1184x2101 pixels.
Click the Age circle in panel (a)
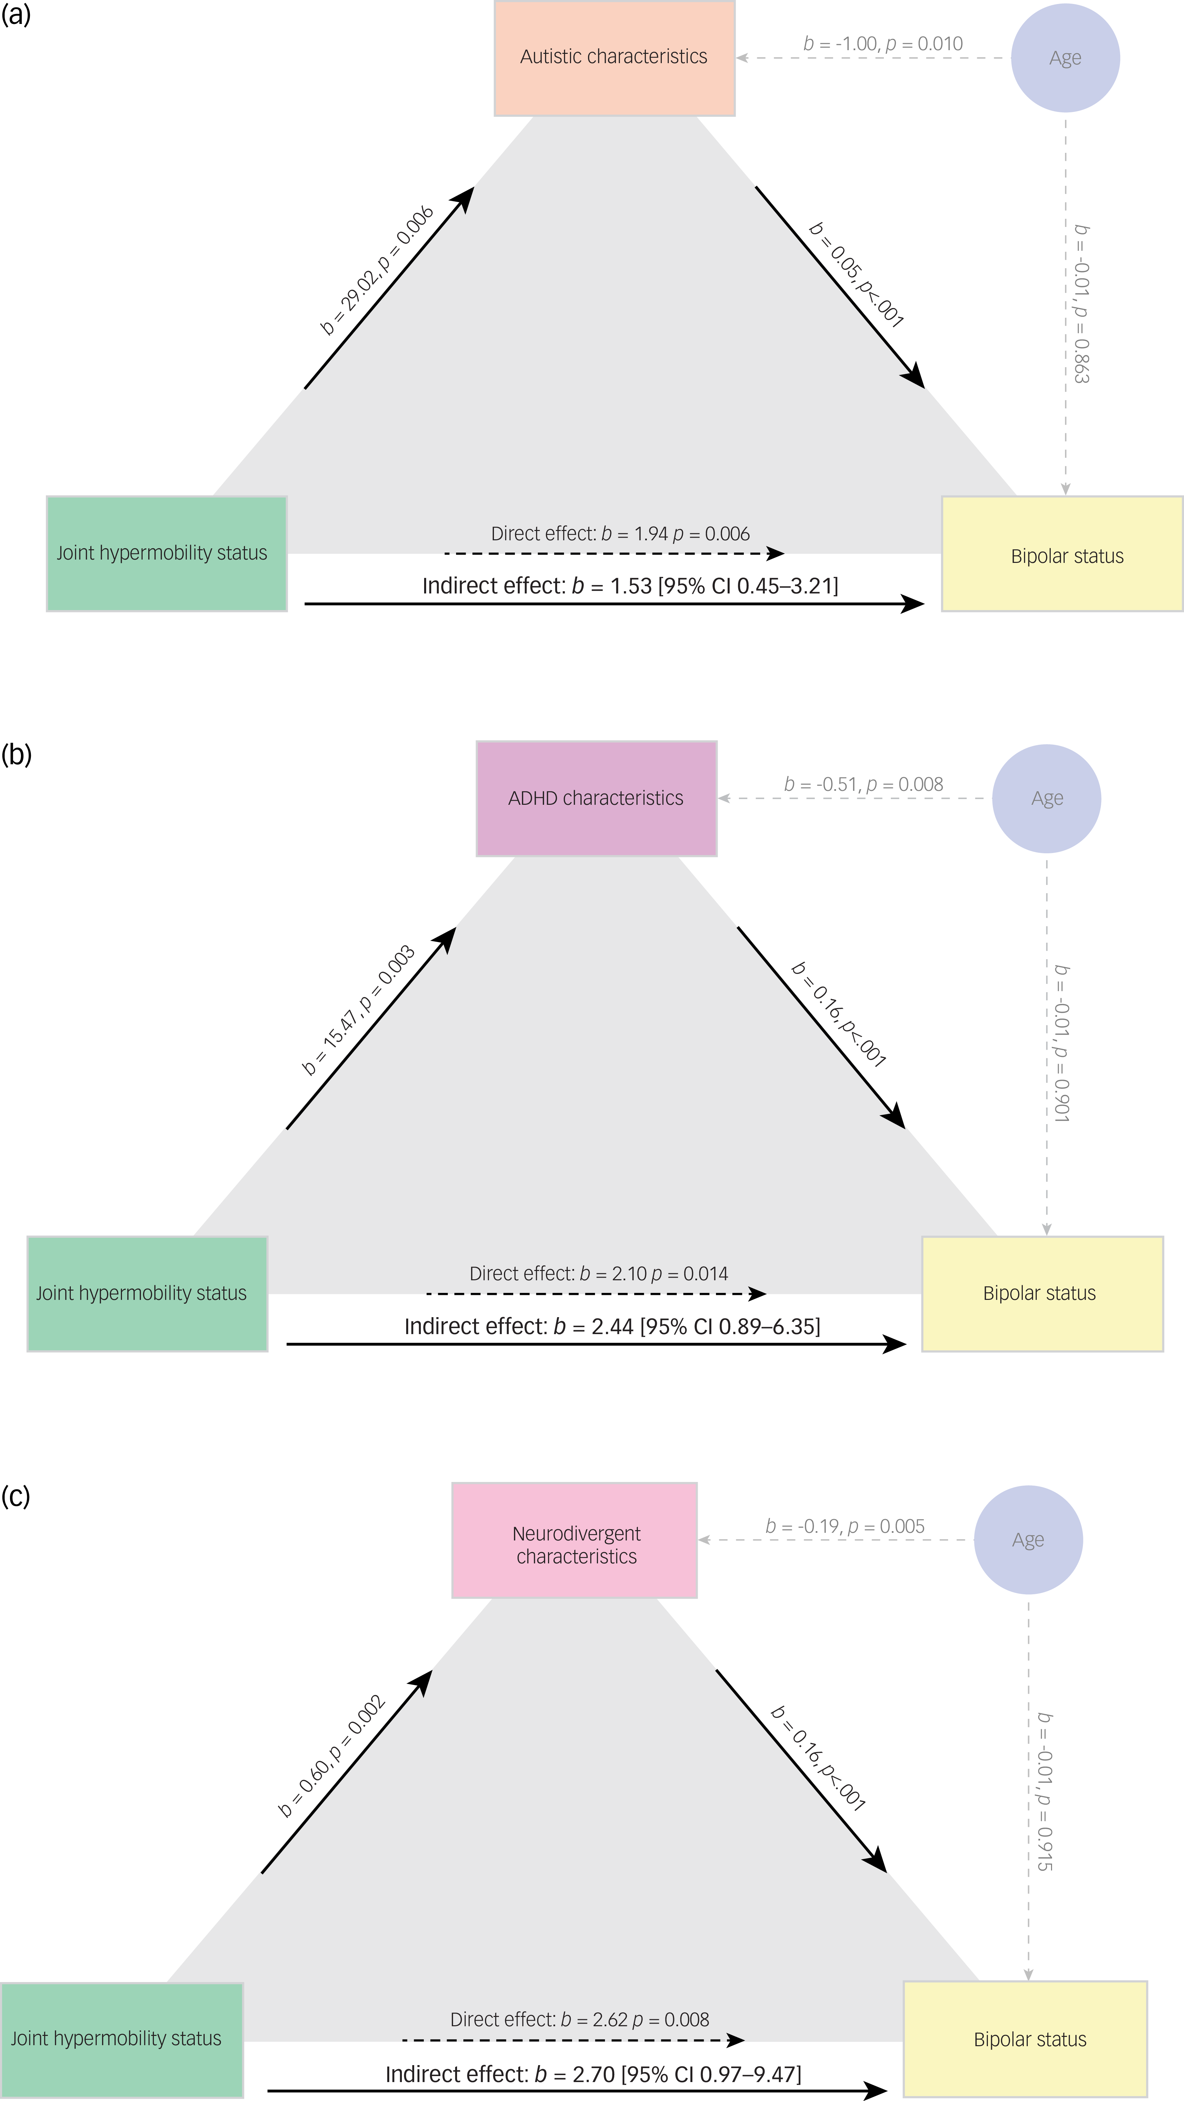point(1065,58)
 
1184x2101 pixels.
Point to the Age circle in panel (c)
point(1028,1540)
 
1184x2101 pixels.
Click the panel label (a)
point(16,15)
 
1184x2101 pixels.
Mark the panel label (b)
point(16,754)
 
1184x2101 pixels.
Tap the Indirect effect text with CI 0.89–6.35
point(612,1326)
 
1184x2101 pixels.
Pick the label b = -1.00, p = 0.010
point(883,44)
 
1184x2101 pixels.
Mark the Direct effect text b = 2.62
point(579,2020)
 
